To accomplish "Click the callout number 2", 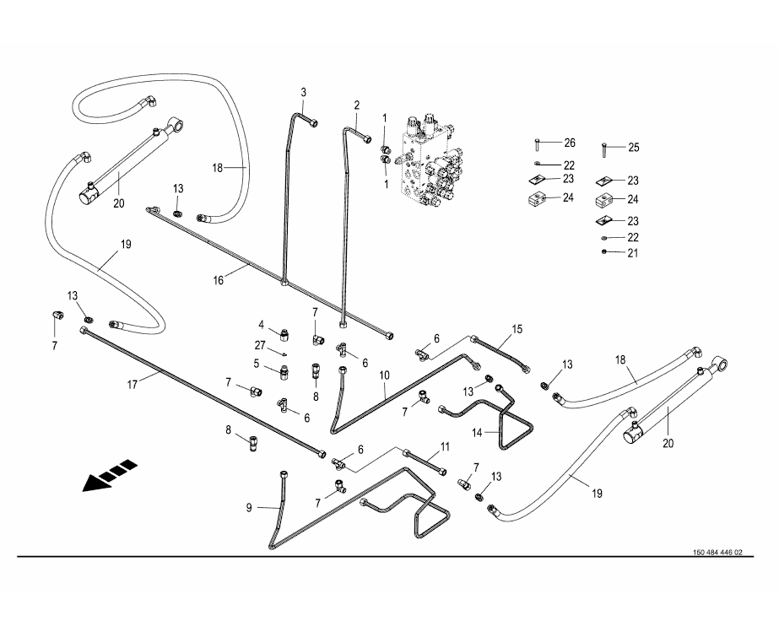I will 357,105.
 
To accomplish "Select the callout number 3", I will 304,92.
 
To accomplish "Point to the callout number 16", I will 219,280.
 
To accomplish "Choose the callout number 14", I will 477,432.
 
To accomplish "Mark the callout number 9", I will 250,508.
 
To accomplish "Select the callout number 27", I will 261,344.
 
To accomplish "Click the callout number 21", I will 633,252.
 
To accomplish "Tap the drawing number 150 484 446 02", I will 717,553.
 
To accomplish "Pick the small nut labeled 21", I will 604,252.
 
